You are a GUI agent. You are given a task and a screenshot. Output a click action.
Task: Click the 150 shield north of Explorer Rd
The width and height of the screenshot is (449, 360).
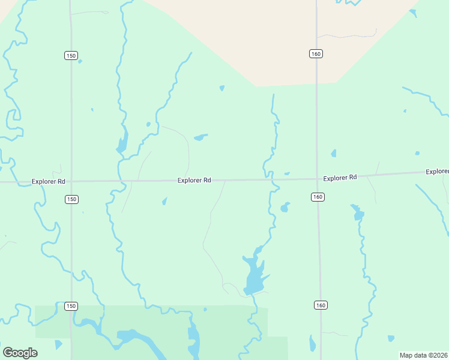tap(71, 55)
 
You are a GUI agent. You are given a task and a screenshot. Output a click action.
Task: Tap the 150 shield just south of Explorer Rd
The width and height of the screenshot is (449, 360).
tap(71, 199)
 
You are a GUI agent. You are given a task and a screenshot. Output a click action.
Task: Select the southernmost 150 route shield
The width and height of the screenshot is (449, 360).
tap(71, 306)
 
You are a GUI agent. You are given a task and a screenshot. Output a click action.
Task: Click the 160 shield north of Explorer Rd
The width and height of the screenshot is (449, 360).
tap(316, 54)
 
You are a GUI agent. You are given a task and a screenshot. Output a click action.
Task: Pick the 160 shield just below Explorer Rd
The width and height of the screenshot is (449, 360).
tap(318, 197)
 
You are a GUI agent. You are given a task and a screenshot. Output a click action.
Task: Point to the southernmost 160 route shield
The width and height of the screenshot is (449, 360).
tap(321, 305)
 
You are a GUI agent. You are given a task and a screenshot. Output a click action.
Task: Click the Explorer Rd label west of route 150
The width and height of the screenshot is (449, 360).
tap(48, 181)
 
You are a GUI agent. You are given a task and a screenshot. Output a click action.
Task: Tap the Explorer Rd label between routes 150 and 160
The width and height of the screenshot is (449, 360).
tap(194, 180)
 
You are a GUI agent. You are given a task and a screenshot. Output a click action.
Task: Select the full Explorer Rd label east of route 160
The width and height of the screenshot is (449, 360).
tap(340, 178)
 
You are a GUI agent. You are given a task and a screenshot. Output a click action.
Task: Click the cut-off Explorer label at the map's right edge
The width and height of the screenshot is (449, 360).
tap(437, 172)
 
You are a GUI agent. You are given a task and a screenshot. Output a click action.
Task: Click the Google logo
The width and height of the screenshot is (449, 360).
tap(20, 352)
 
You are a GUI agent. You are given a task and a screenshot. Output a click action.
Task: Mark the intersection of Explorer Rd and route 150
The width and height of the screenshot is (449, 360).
tap(71, 181)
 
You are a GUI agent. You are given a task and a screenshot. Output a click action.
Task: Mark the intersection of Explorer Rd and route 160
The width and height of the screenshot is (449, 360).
tap(317, 178)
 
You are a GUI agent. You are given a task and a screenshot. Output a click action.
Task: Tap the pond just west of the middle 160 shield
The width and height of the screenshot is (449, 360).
tap(285, 208)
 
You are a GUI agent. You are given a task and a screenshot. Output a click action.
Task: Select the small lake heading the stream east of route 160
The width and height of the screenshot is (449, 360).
tap(358, 213)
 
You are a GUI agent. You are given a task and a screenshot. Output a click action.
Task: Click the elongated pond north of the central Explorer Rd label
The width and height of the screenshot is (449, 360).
tap(200, 137)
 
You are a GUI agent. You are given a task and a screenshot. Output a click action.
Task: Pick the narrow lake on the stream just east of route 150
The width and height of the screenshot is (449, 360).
tap(122, 144)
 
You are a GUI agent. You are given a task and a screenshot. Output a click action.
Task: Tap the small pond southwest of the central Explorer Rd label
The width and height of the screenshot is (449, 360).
tap(164, 202)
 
